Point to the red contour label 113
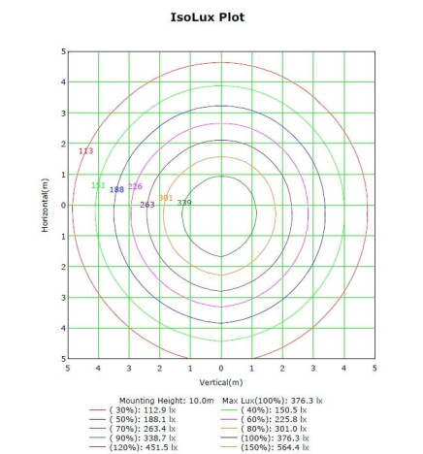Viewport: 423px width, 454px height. pyautogui.click(x=85, y=151)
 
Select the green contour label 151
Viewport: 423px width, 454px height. pyautogui.click(x=98, y=185)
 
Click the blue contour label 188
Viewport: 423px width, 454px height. pyautogui.click(x=116, y=190)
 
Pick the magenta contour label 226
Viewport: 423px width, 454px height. pyautogui.click(x=135, y=186)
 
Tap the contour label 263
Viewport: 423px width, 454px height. pyautogui.click(x=147, y=205)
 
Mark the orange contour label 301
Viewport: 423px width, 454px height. pyautogui.click(x=165, y=198)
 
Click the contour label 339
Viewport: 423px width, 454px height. pyautogui.click(x=184, y=203)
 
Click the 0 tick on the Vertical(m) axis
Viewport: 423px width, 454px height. pyautogui.click(x=221, y=369)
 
